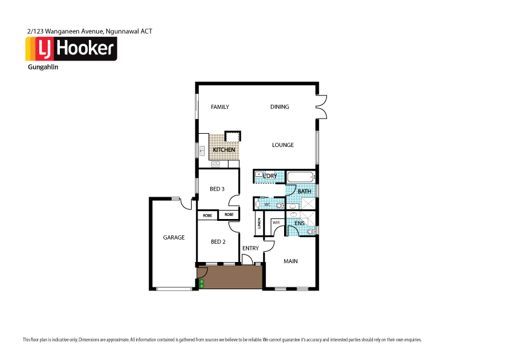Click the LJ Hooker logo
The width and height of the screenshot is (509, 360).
point(71,49)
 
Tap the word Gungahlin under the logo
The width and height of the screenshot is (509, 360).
point(44,67)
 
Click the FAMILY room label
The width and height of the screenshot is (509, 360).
point(219,107)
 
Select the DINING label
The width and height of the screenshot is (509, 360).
point(279,107)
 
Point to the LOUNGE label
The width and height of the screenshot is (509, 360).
point(282,145)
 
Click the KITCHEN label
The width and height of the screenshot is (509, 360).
point(215,150)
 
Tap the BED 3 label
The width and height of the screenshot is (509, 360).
point(217,189)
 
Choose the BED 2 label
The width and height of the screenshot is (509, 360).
point(218,242)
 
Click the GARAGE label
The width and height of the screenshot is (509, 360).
point(173,238)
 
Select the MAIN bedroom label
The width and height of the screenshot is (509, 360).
point(291,261)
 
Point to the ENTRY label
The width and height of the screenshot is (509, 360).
point(250,249)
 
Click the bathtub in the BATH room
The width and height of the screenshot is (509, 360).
point(300,177)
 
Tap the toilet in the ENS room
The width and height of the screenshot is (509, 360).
point(311,231)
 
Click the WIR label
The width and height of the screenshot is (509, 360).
point(276,223)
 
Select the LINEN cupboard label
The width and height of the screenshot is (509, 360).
point(259,226)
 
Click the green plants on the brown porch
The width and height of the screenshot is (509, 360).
point(202,283)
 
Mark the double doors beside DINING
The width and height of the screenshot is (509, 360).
point(322,106)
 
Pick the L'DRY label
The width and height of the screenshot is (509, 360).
point(270,176)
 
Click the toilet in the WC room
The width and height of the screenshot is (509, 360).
point(279,205)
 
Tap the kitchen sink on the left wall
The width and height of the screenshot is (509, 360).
point(203,150)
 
